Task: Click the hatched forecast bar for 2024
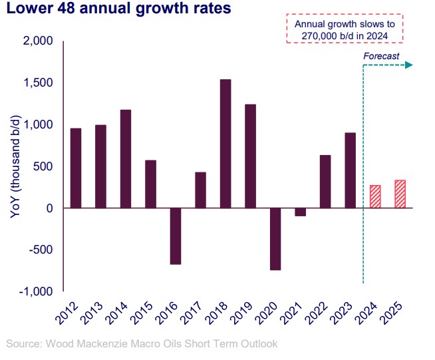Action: (x=374, y=196)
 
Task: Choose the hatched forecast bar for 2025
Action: (x=400, y=194)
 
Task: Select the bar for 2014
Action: (x=125, y=159)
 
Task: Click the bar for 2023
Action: (x=349, y=170)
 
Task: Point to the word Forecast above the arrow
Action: (x=381, y=57)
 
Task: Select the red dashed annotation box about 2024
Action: (x=349, y=30)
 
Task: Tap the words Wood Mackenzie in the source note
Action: (x=84, y=344)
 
